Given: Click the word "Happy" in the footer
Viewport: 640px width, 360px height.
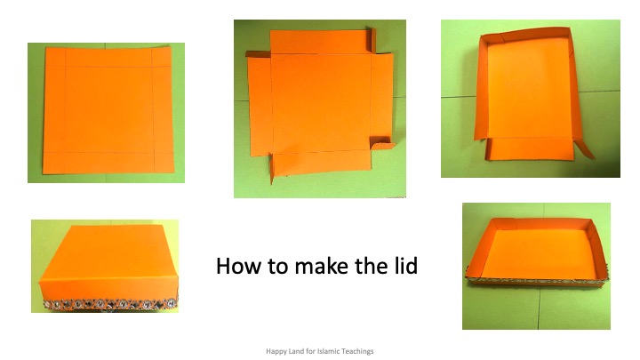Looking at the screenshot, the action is tap(276, 351).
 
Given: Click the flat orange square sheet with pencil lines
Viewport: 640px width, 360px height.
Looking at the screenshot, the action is tap(108, 110).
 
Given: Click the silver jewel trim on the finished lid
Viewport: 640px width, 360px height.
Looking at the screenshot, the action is tap(110, 304).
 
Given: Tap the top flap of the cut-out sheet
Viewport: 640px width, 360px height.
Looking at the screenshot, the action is tap(320, 42).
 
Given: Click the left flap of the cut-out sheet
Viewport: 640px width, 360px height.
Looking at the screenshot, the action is tap(260, 106).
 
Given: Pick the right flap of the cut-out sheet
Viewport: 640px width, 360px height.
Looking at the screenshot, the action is tap(382, 99).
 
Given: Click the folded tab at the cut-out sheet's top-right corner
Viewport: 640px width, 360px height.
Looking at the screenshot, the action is tap(372, 40).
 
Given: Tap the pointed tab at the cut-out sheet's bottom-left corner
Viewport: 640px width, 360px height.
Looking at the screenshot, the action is tap(272, 168).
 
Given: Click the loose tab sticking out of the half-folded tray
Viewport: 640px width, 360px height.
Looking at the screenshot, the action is tap(584, 148).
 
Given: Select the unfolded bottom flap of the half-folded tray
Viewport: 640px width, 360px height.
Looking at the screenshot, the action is tap(530, 149).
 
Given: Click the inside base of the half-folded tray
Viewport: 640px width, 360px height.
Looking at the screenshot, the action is tap(530, 89).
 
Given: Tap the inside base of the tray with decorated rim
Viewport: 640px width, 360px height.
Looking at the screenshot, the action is tap(539, 254).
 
